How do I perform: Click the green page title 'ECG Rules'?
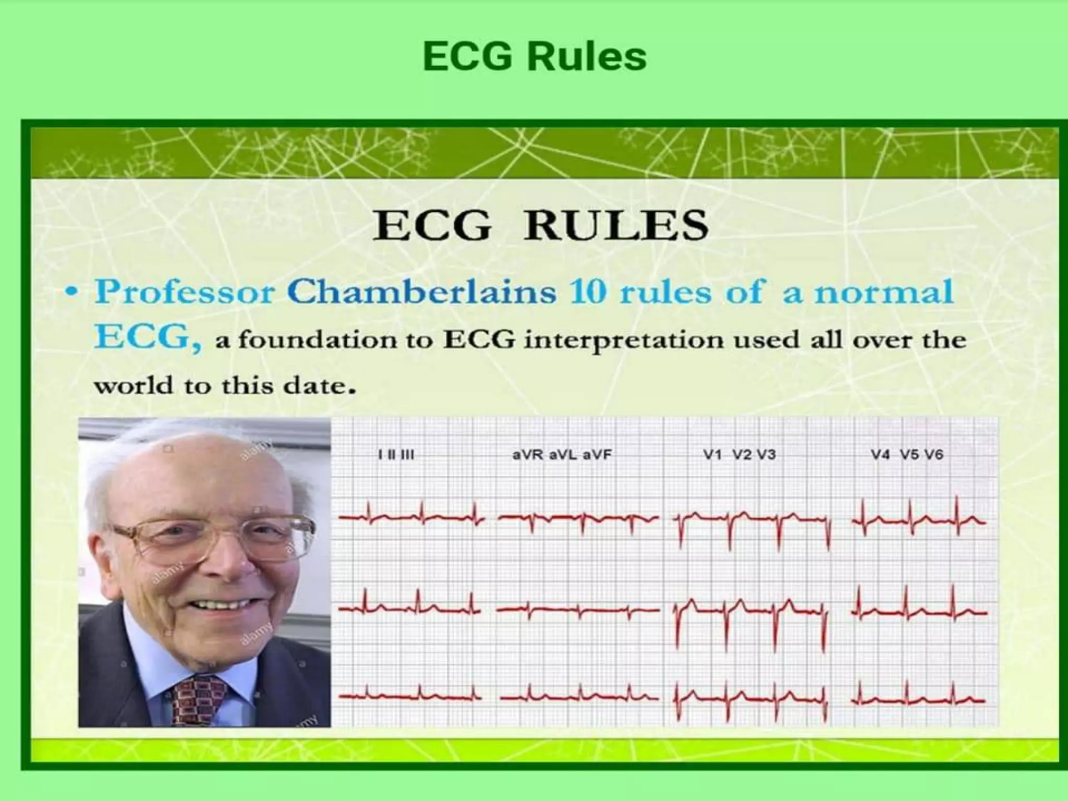pyautogui.click(x=535, y=56)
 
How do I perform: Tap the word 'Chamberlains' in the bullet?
pyautogui.click(x=421, y=292)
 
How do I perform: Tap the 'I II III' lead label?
pyautogui.click(x=396, y=455)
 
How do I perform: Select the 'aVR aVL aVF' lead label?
pyautogui.click(x=562, y=455)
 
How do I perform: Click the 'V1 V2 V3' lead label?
pyautogui.click(x=739, y=455)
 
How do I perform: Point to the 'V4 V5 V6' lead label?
pyautogui.click(x=907, y=455)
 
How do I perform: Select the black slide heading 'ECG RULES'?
pyautogui.click(x=540, y=225)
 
